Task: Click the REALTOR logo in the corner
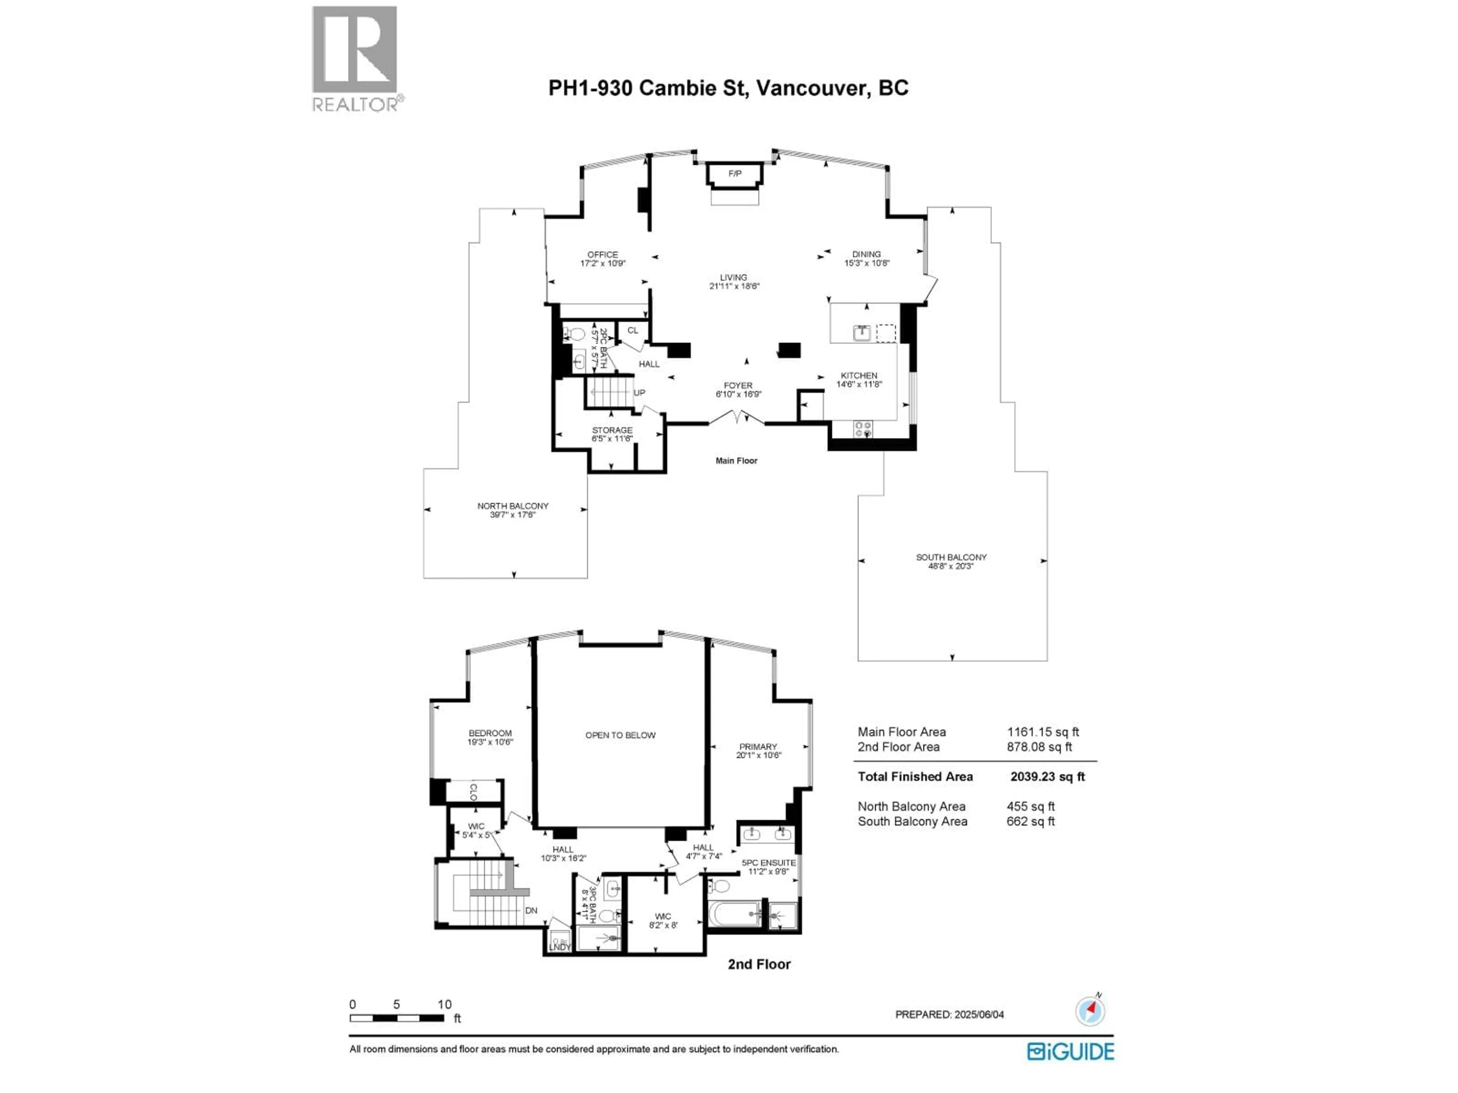pos(355,59)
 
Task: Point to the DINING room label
pos(866,254)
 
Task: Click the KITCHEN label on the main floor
pos(859,376)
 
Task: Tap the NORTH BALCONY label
pos(513,506)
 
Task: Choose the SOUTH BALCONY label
pos(951,558)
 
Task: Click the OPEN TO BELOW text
pos(620,735)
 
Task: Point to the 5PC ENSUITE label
pos(768,862)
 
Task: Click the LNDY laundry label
pos(560,947)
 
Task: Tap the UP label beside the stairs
pos(639,393)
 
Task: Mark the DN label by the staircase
pos(531,910)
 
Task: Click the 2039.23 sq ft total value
pos(1047,777)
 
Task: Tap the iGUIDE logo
pos(1070,1052)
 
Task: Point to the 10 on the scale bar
pos(444,1005)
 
